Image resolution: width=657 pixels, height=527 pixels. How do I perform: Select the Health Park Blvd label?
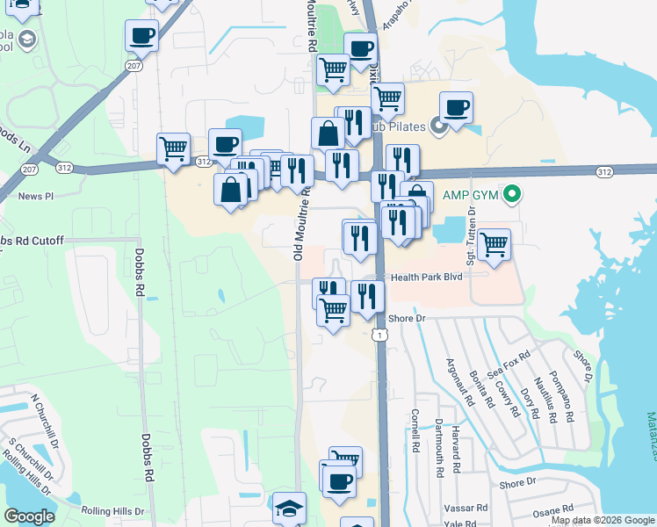click(x=427, y=277)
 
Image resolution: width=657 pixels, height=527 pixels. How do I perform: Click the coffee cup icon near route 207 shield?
click(x=141, y=36)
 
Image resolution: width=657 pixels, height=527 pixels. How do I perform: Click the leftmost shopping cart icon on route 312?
click(x=173, y=148)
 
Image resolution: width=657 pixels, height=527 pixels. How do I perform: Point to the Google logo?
click(x=29, y=516)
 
